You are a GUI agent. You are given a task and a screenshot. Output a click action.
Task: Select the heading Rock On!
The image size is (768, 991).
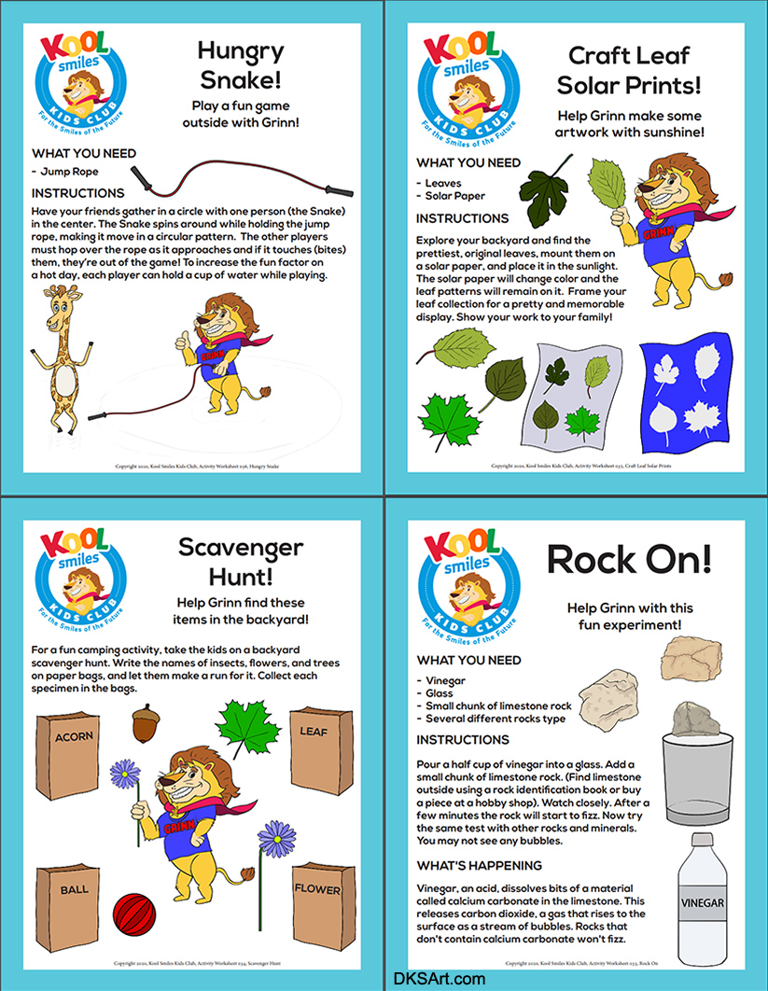628,559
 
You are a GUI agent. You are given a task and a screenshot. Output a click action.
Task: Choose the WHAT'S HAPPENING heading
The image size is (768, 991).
479,864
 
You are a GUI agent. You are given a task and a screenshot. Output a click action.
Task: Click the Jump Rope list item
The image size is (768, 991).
68,172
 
